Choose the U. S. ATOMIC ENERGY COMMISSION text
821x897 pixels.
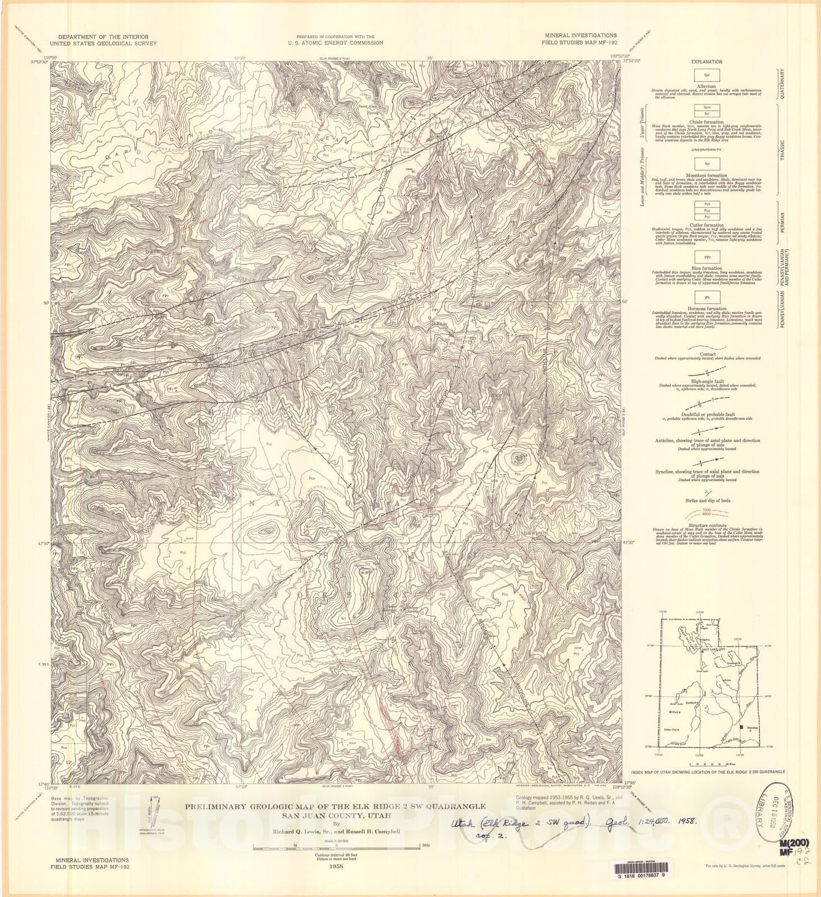click(336, 43)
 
